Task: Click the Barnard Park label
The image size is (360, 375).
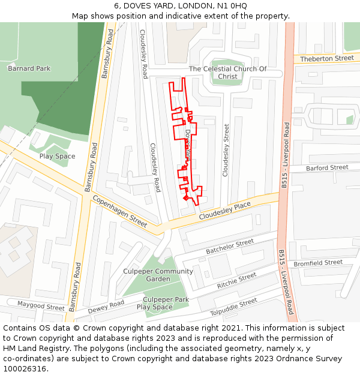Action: [29, 68]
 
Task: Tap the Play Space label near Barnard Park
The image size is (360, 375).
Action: [57, 157]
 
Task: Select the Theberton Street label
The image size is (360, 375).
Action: [327, 58]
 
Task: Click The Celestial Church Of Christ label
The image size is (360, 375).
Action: [227, 73]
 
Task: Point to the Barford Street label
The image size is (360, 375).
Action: [327, 168]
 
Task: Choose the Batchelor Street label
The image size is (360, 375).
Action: [230, 246]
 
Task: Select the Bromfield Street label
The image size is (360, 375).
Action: [318, 263]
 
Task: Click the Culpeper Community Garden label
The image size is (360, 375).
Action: [158, 275]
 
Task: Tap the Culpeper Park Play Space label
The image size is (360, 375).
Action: [163, 303]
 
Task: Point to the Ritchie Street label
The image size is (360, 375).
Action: [236, 281]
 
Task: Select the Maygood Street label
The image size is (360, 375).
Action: [40, 307]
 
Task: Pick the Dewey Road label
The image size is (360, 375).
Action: [106, 307]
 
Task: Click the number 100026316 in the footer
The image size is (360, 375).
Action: [25, 369]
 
